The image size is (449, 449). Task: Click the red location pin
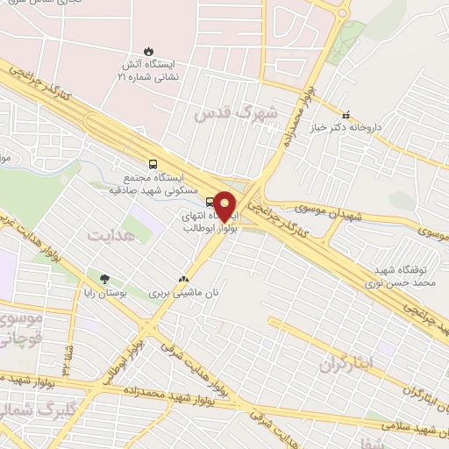point(225,205)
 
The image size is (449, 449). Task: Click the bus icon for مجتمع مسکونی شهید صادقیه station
point(153,163)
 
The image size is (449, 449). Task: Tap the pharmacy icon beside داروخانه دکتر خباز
point(346,114)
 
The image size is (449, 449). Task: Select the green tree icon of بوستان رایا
point(105,279)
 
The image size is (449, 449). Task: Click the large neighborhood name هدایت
point(110,235)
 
